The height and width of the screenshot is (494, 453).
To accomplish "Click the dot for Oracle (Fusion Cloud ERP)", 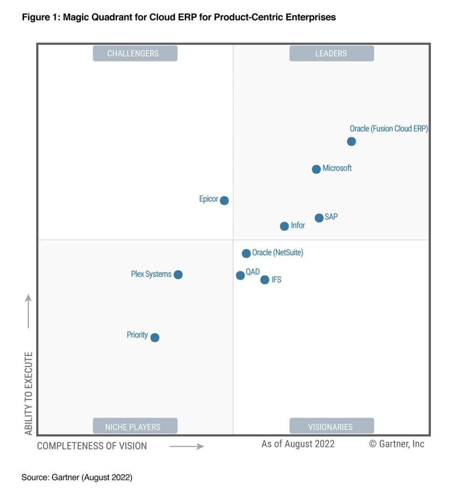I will pos(352,141).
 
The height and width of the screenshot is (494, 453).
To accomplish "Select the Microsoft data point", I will pos(316,169).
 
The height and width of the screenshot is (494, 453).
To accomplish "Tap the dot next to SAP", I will pos(319,218).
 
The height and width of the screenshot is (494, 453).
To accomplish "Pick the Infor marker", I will pos(284,226).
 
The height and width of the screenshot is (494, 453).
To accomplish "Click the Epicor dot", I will pos(224,200).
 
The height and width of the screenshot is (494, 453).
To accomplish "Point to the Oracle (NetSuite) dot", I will pos(246,253).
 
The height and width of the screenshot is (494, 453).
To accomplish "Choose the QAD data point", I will pos(241,275).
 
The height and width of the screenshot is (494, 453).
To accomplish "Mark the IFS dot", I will pos(265,280).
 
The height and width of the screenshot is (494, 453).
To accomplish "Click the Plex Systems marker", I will pos(178,274).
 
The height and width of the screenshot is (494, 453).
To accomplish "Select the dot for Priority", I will pos(155,338).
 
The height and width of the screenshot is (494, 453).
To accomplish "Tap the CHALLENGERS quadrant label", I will pos(135,54).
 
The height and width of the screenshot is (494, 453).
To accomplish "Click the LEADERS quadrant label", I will pos(331,54).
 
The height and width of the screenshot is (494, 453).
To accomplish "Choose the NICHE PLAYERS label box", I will pos(135,426).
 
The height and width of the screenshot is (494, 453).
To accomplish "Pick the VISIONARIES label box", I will pos(331,426).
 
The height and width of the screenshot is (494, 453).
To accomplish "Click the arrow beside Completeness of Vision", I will pos(187,447).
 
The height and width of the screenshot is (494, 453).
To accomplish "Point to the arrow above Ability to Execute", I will pos(28,311).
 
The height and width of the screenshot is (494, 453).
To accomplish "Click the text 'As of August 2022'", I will pos(298,444).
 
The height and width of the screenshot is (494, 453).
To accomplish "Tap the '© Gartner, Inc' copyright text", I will pos(396,444).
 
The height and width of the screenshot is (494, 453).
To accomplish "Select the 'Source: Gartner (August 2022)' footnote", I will pos(77,477).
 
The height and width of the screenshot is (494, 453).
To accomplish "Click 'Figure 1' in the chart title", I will pos(41,18).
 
